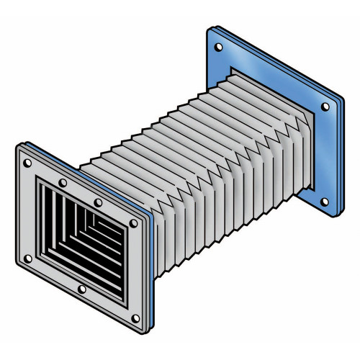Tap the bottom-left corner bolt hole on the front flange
(27, 258)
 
